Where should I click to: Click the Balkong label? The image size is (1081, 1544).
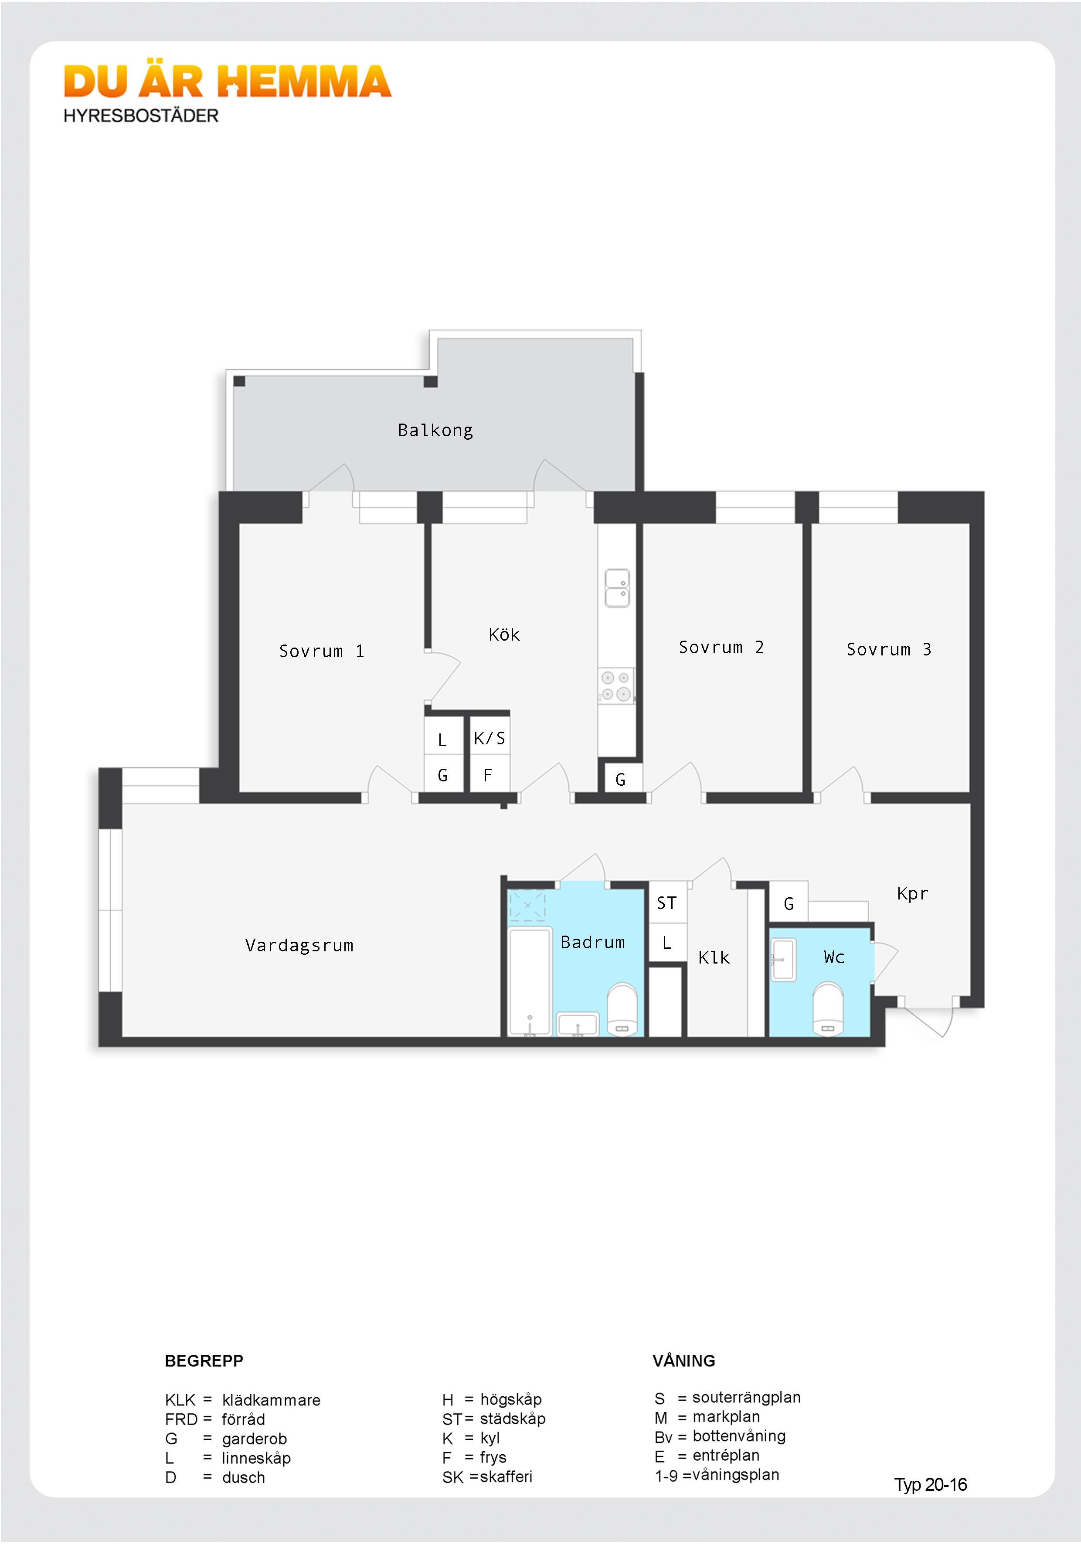[x=435, y=431]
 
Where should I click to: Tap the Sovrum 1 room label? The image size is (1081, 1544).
[x=322, y=651]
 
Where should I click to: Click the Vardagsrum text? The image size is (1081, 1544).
[x=299, y=946]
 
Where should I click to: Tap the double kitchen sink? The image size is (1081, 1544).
[x=617, y=588]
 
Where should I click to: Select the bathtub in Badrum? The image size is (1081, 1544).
[x=530, y=982]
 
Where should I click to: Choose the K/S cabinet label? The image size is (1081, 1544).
[x=489, y=738]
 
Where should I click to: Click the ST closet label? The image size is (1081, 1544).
[x=666, y=903]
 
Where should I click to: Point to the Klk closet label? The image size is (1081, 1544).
[x=714, y=957]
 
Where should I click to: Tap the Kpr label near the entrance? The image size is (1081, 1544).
[x=912, y=894]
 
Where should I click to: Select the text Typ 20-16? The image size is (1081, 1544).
[x=930, y=1485]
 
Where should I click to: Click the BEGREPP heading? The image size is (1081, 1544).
[x=204, y=1361]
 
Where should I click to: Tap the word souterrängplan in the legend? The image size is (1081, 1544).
[x=747, y=1398]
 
